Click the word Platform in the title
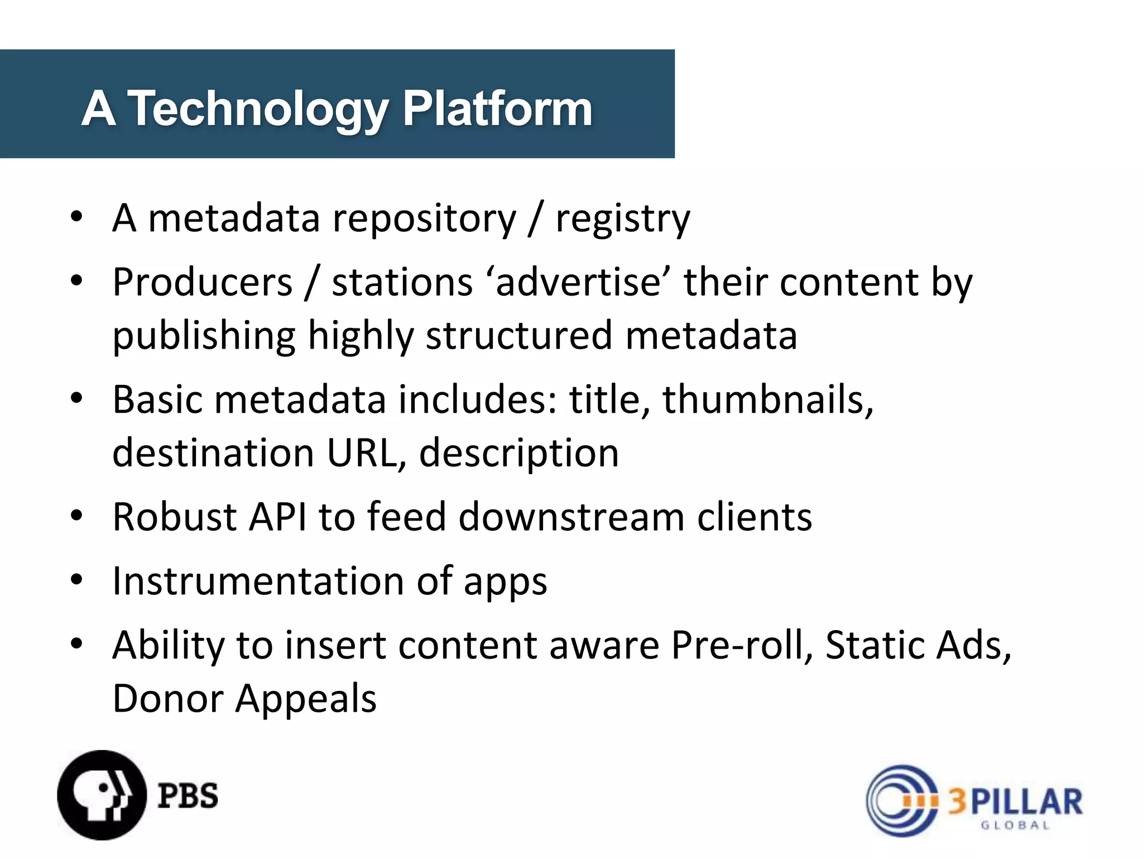click(497, 109)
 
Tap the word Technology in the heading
click(258, 109)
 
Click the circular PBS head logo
click(102, 795)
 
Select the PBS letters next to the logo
click(188, 796)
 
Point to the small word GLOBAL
click(1015, 826)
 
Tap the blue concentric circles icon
click(900, 800)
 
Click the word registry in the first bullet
click(623, 219)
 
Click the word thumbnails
click(767, 400)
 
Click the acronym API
click(277, 517)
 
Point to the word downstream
click(571, 517)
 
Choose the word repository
click(424, 219)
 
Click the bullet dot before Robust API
click(76, 516)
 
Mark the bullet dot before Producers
click(76, 280)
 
